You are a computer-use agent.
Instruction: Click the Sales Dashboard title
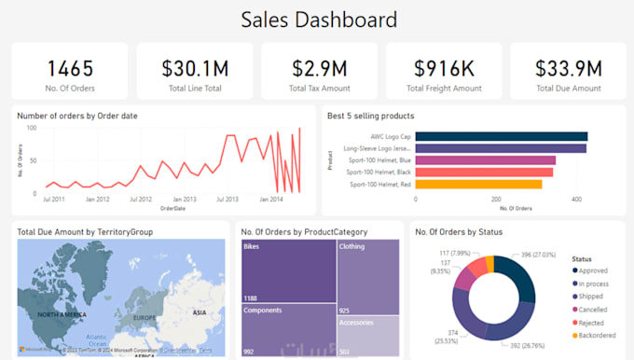click(319, 19)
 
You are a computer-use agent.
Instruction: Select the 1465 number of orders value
click(71, 68)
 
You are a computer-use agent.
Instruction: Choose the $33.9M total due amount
click(568, 68)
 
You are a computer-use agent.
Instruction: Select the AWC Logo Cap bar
click(501, 136)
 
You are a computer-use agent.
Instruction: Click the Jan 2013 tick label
click(183, 200)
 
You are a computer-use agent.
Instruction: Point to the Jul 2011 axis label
click(53, 200)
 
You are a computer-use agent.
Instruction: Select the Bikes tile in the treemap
click(288, 270)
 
